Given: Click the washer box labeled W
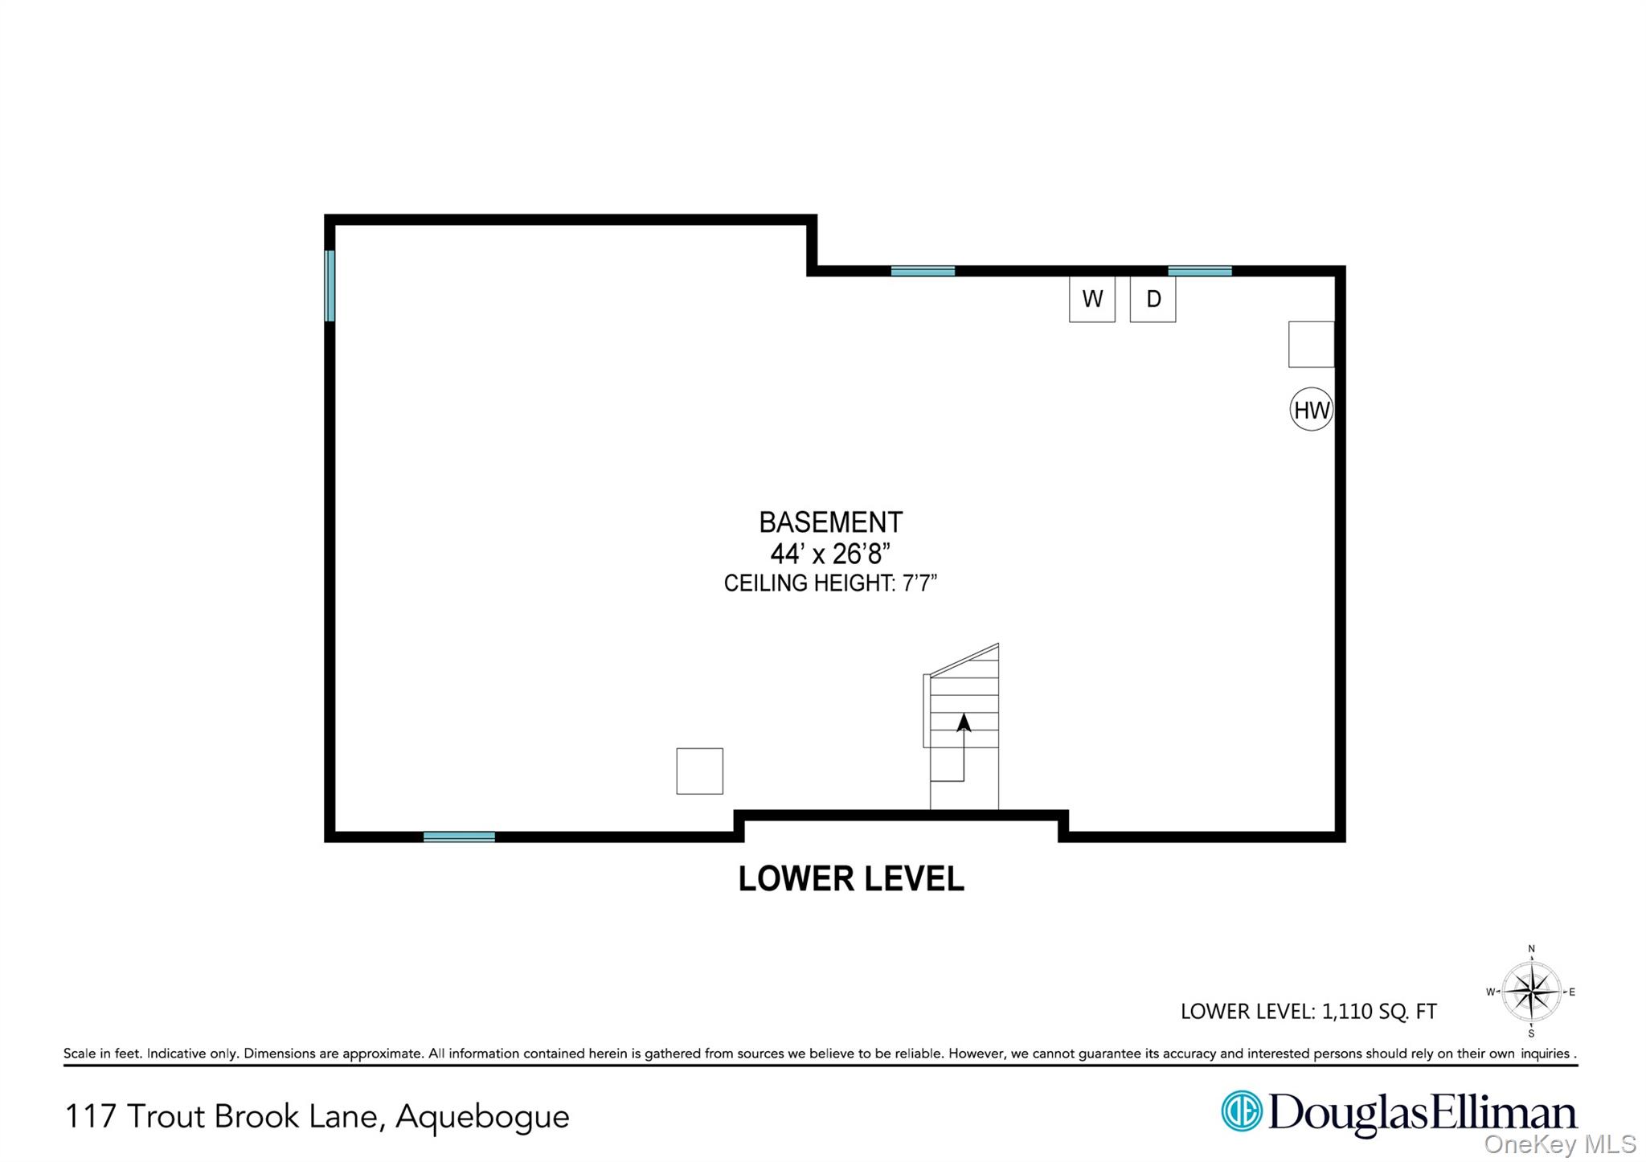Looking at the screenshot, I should tap(1091, 299).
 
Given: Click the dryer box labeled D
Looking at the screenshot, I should tap(1153, 299).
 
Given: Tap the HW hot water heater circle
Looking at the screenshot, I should tap(1311, 410).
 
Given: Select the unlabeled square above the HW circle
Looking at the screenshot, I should tap(1311, 344).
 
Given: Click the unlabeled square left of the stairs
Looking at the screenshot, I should tap(699, 771).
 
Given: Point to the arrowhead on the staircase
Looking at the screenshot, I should tap(964, 722).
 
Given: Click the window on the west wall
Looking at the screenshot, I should tap(330, 285).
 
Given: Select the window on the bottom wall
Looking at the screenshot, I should tap(459, 837).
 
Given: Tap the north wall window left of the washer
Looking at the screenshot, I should tap(923, 271).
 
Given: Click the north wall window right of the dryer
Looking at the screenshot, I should tap(1199, 271).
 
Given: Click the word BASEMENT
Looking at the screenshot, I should tap(830, 522).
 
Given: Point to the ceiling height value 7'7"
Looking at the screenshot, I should tap(919, 583).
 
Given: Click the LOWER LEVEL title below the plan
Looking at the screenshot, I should tap(850, 878).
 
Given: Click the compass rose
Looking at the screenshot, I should tap(1531, 992).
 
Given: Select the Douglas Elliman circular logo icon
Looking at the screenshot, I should tap(1242, 1111).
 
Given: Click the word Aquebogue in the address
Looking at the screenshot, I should tap(482, 1116).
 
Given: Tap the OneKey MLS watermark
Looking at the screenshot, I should tap(1559, 1144).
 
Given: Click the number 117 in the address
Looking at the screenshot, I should tap(90, 1116).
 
